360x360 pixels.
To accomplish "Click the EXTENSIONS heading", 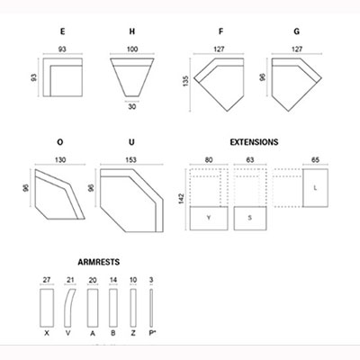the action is (x=254, y=142).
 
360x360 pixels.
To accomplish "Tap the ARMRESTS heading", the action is (x=99, y=262).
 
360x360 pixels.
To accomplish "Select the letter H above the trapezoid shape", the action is (x=132, y=31).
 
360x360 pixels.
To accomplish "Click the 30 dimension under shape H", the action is (x=132, y=106).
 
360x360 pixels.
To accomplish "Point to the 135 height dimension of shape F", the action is (x=185, y=81).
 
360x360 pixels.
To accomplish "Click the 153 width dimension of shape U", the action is (x=130, y=160).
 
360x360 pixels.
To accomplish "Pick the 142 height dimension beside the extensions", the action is (x=182, y=199).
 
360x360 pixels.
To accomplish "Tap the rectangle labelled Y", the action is (x=209, y=219).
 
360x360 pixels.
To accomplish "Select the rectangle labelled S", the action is (x=250, y=219).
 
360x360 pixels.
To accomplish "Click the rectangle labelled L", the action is (x=315, y=188).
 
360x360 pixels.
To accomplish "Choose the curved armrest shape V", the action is (x=69, y=308).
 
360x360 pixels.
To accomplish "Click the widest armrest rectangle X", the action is (x=47, y=308).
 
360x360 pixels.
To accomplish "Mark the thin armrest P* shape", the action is (x=151, y=308).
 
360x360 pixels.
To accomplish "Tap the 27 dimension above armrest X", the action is (x=47, y=280).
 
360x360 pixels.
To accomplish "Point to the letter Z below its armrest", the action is (x=133, y=333).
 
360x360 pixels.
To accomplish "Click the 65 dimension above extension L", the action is (x=315, y=160).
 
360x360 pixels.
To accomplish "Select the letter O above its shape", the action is (x=60, y=142).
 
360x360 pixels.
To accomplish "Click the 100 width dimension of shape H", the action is (x=132, y=49).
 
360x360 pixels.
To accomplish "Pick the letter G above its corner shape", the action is (x=297, y=31).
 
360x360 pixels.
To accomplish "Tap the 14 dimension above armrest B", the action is (x=113, y=280).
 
